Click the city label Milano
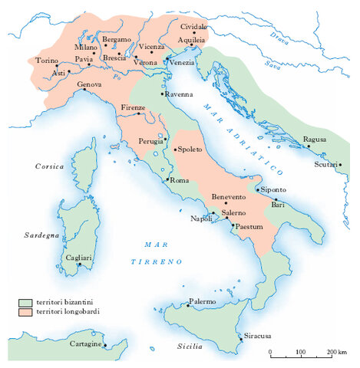point(85,47)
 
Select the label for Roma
point(178,180)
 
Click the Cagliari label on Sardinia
point(78,258)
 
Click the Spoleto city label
point(190,150)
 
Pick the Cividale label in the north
point(194,26)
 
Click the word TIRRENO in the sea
point(160,261)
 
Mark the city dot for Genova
point(86,90)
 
